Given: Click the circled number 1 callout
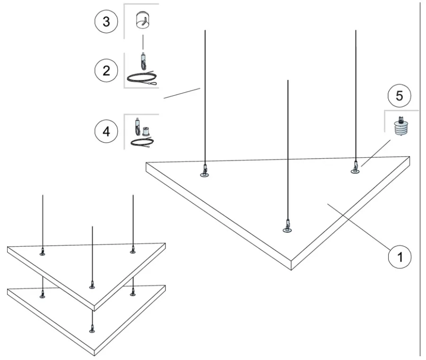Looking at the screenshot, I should coord(400,257).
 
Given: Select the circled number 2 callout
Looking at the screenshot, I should coord(106,70).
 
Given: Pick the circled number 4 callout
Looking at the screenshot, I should coord(106,132).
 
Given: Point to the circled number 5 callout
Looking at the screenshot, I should coord(400,96).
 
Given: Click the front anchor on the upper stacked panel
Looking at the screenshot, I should coord(92,284).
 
